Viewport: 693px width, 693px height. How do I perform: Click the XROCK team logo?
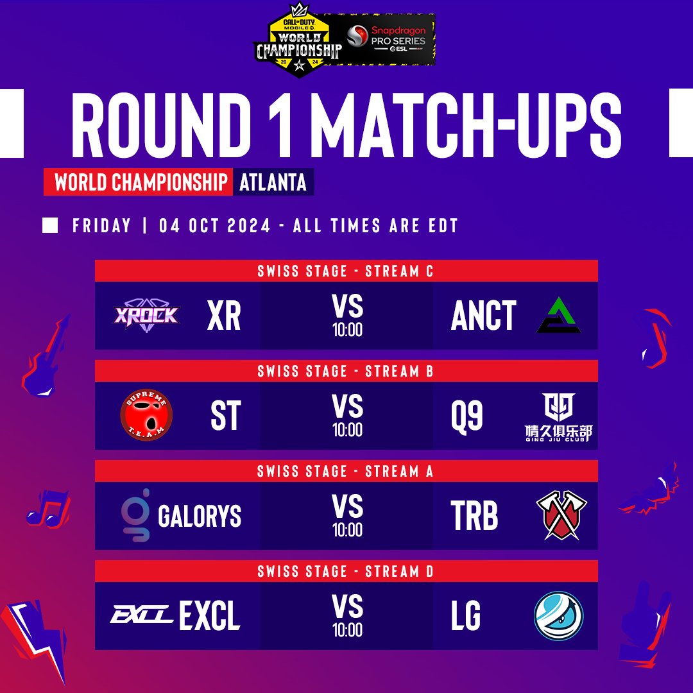[147, 314]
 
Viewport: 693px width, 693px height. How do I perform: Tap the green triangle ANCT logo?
[558, 316]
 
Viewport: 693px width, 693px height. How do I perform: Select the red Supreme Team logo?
[146, 415]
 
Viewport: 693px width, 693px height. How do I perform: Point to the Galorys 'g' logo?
[137, 515]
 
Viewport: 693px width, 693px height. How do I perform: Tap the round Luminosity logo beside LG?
[558, 615]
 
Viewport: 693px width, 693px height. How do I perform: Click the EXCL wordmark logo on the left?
[141, 616]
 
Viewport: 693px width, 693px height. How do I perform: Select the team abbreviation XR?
[224, 316]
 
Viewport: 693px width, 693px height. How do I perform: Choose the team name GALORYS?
[200, 516]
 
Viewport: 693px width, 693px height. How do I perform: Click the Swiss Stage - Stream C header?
[346, 271]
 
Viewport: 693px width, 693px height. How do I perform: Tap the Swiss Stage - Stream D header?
[346, 571]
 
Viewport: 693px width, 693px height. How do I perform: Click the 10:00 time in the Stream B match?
[347, 430]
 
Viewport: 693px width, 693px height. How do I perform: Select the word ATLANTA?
[273, 183]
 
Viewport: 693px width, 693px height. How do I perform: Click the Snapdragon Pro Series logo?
[388, 39]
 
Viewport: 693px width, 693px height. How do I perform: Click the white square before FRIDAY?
[49, 226]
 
